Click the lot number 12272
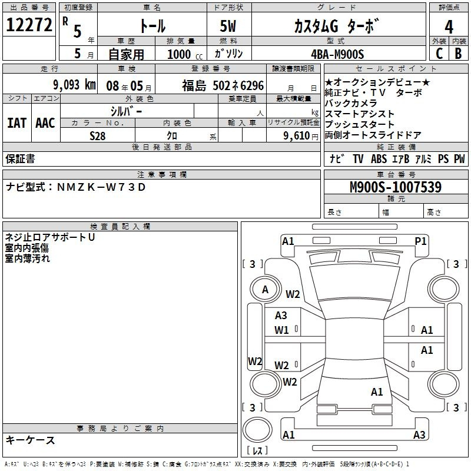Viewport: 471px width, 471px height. pos(29,25)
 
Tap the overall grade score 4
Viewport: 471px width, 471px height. pos(449,26)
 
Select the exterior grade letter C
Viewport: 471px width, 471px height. pos(439,54)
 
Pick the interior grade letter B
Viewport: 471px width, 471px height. pos(458,54)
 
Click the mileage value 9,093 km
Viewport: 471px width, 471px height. pos(74,85)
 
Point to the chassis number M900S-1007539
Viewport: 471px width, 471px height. pos(396,187)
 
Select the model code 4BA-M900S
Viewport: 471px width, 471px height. pos(337,54)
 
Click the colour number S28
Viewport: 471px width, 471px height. pos(98,136)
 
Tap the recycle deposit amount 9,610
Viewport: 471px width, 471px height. pos(297,136)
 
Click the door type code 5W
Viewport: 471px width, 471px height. pos(228,26)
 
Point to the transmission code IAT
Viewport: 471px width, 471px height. pos(17,123)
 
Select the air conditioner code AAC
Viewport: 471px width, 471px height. pos(45,123)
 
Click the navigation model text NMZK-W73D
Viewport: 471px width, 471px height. pos(101,187)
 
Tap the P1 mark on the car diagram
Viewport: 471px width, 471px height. pos(420,241)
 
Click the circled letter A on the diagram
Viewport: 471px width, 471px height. pos(265,290)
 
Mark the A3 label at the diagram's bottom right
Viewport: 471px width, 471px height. pos(419,434)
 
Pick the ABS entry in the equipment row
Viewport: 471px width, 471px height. pos(379,159)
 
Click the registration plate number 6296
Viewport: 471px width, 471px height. pos(252,85)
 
